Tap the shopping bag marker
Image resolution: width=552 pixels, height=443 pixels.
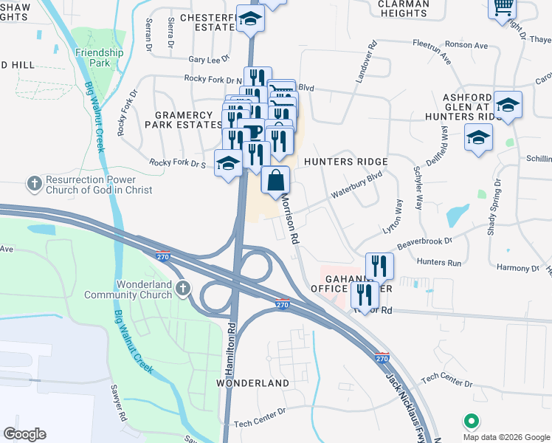point(275,180)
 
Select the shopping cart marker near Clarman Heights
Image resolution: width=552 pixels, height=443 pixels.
point(503,7)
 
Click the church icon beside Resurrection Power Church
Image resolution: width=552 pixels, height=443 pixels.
point(33,182)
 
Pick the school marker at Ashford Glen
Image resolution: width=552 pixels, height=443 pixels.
point(508,105)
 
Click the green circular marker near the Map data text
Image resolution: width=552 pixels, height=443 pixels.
point(471,421)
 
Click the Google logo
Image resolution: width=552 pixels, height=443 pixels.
point(24,434)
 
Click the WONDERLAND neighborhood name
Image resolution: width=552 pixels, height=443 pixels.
point(252,384)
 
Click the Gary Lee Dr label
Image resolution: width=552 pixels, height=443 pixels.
point(209,58)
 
